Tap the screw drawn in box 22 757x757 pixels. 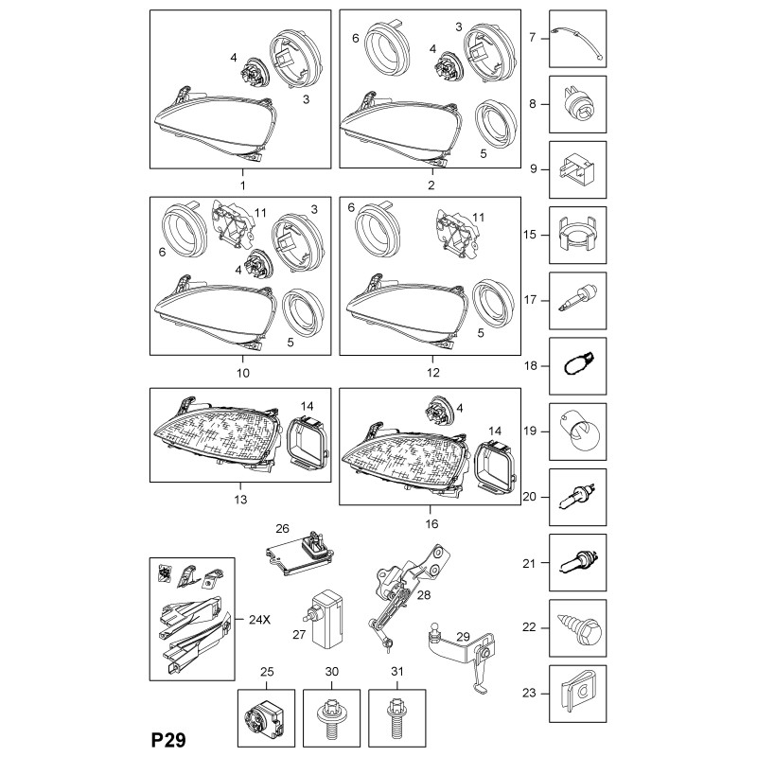(x=580, y=628)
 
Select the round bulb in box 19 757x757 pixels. (x=580, y=431)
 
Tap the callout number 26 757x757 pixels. (x=281, y=528)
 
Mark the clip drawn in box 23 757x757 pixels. (x=580, y=693)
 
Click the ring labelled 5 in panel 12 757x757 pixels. (x=495, y=300)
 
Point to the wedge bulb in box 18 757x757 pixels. (x=579, y=365)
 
